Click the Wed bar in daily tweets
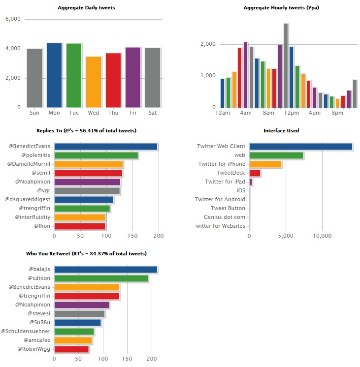coord(94,82)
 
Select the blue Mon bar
coord(54,75)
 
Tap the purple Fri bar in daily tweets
coord(133,77)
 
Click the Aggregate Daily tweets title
coord(87,8)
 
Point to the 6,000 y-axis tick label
coord(13,19)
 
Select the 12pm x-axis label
coord(295,113)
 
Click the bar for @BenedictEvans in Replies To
coord(105,147)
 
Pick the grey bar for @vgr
coord(87,191)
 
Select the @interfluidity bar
coord(79,217)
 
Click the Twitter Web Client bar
coord(301,147)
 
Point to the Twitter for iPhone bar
coord(265,164)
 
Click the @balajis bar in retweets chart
coord(105,270)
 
